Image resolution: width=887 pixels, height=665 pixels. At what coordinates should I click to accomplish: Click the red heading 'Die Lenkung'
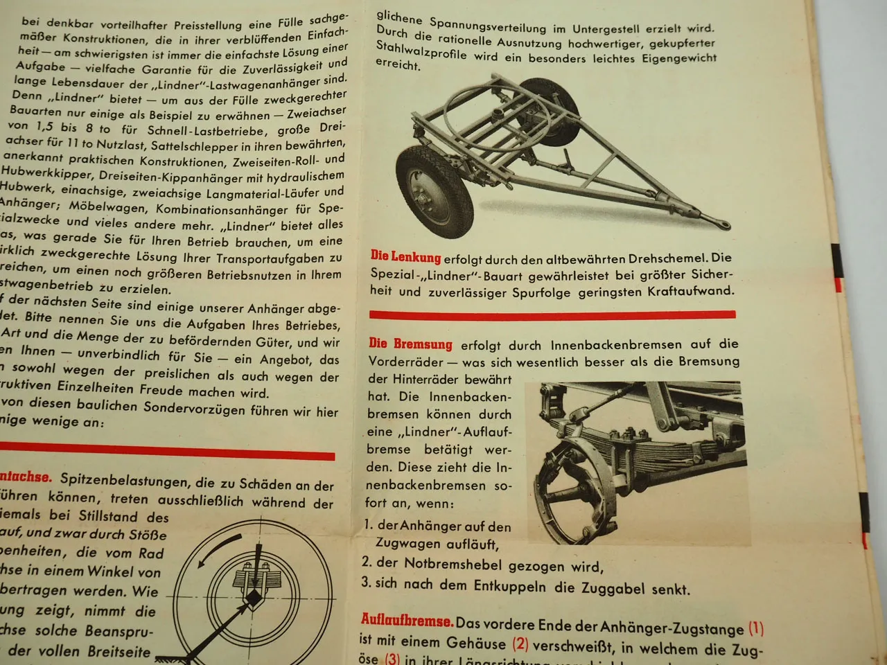405,258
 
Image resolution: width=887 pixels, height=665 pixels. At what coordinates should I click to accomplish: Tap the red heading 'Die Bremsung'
410,344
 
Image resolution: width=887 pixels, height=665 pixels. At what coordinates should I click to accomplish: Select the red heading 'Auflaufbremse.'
407,621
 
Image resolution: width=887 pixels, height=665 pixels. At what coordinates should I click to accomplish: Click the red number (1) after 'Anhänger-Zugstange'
756,629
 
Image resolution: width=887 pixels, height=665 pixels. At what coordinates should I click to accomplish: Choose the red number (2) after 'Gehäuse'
520,644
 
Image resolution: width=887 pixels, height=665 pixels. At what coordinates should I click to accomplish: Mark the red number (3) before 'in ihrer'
392,659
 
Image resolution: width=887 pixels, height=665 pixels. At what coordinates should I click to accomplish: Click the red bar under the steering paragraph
552,314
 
